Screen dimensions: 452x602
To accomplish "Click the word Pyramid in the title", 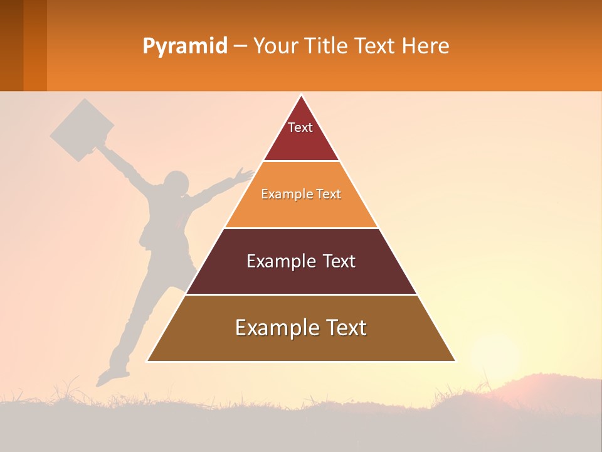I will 184,46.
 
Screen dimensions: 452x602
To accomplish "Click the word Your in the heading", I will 274,46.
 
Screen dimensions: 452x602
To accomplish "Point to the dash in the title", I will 240,46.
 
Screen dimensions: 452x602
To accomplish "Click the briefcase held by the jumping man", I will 82,130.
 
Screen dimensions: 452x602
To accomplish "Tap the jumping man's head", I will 176,184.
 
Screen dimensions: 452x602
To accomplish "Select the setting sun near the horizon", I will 495,358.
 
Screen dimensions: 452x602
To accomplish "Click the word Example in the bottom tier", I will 273,328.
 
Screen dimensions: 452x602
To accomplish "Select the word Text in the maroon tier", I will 339,261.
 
